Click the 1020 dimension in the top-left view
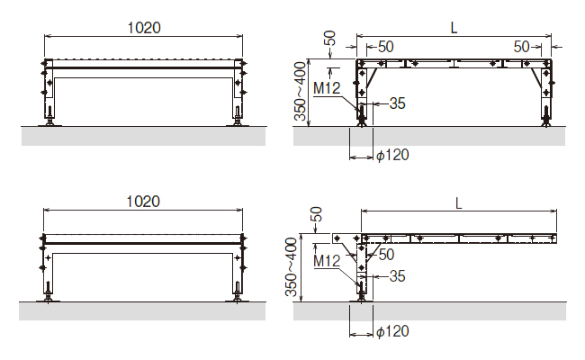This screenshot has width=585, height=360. pyautogui.click(x=144, y=28)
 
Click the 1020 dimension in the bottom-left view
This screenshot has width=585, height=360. pyautogui.click(x=143, y=202)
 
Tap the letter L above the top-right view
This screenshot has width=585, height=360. pyautogui.click(x=454, y=28)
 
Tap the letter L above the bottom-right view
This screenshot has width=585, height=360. pyautogui.click(x=458, y=203)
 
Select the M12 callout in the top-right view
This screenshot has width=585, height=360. pyautogui.click(x=327, y=88)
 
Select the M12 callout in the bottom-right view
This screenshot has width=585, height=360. pyautogui.click(x=327, y=261)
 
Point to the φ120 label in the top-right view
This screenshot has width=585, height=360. pyautogui.click(x=392, y=155)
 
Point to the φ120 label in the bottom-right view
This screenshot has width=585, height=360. pyautogui.click(x=392, y=331)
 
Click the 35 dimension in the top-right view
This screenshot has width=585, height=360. pyautogui.click(x=397, y=103)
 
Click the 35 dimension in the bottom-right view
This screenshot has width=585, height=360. pyautogui.click(x=397, y=276)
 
